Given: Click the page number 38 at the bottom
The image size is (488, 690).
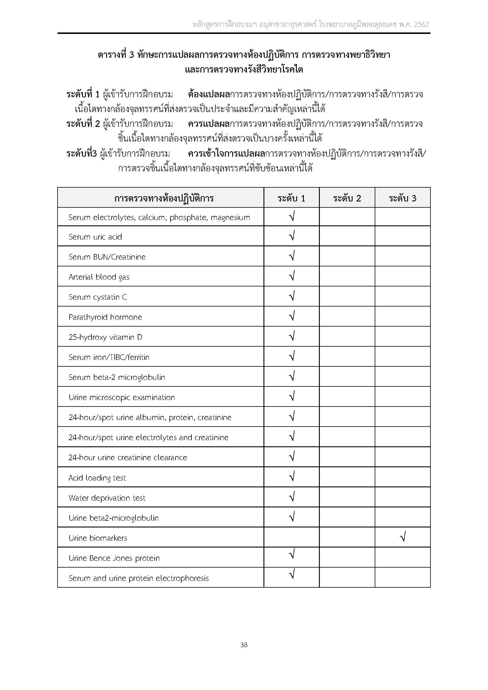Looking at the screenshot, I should (244, 645).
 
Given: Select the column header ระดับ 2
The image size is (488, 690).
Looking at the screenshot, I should (347, 198).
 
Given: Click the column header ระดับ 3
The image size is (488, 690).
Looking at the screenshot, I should (402, 198).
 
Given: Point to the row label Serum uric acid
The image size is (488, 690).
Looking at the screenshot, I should (95, 237).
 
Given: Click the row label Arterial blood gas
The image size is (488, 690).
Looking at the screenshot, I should (99, 277).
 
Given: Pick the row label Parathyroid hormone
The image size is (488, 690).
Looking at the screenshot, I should (105, 317).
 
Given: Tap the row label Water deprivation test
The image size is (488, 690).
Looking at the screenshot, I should (107, 498).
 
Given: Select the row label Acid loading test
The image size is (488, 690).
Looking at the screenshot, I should (97, 478).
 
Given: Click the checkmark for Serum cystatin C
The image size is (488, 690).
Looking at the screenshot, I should (292, 296).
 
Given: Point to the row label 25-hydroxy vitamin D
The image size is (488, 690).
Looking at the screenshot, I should (105, 337).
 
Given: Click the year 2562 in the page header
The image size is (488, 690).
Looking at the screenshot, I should (421, 25).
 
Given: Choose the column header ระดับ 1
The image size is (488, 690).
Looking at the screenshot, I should (291, 198).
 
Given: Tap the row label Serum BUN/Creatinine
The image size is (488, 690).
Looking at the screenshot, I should (107, 257).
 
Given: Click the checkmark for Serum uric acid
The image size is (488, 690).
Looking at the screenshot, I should (292, 235).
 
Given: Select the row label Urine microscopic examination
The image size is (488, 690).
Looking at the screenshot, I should (122, 397).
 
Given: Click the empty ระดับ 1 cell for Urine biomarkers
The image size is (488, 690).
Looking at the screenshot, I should (292, 537).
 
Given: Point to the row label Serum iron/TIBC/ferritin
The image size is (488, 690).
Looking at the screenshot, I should (109, 357).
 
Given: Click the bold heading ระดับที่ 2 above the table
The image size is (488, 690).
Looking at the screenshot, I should (83, 124).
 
